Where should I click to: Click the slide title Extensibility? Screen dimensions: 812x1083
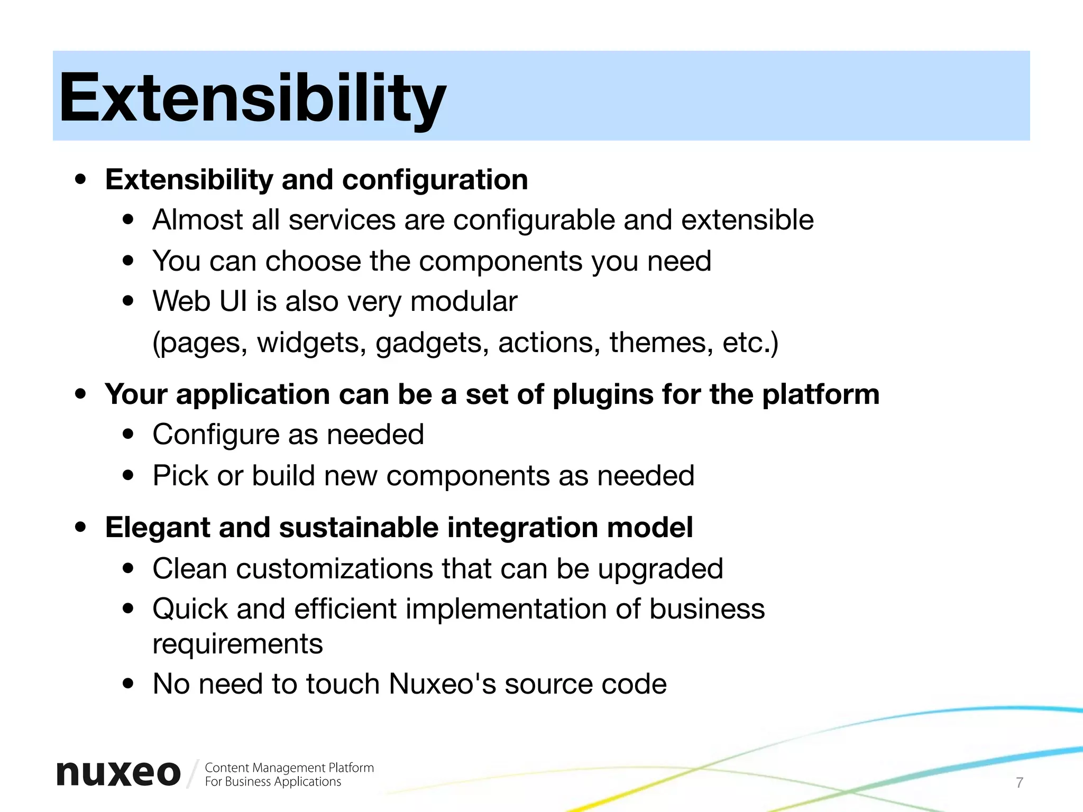[252, 99]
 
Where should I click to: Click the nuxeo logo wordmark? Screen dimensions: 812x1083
[118, 773]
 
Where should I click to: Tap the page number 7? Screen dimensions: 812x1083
[1020, 782]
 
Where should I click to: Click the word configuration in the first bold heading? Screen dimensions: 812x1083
[435, 180]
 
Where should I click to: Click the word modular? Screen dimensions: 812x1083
[463, 301]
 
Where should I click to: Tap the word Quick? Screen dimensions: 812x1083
[190, 609]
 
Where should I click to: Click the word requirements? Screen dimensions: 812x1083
[237, 644]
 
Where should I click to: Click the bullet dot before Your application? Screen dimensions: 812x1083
[80, 394]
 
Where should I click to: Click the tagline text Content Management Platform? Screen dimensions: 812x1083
[289, 768]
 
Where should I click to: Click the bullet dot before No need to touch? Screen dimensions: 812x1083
[128, 684]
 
